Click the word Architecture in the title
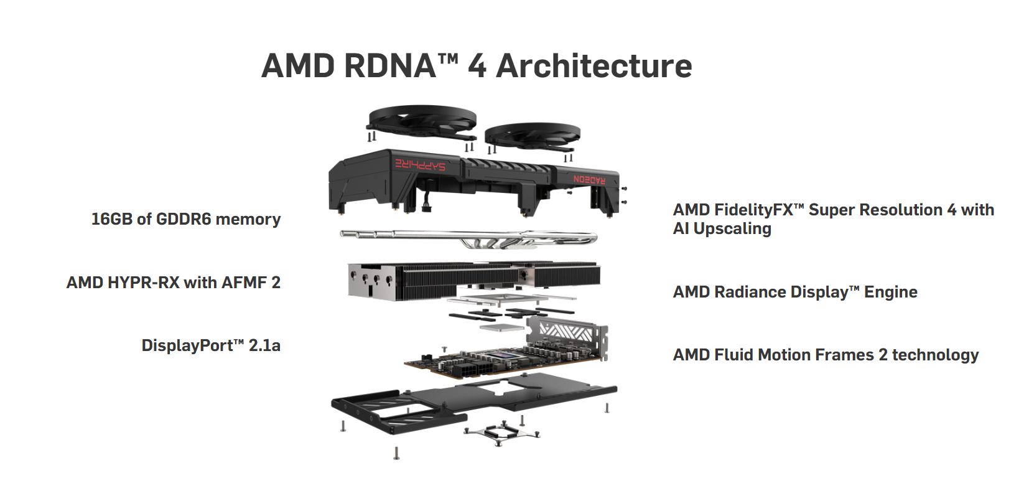click(x=594, y=66)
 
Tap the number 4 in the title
click(x=477, y=66)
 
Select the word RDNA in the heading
click(x=389, y=66)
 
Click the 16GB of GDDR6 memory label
click(x=186, y=219)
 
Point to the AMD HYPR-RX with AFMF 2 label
click(x=174, y=283)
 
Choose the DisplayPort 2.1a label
click(x=211, y=345)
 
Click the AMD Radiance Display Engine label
click(x=795, y=292)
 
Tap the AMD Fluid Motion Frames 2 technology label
click(x=826, y=355)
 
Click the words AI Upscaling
click(x=722, y=229)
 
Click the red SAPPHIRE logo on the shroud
click(x=421, y=164)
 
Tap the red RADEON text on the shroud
click(x=589, y=179)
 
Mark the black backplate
click(x=473, y=398)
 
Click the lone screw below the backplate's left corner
click(x=396, y=453)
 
